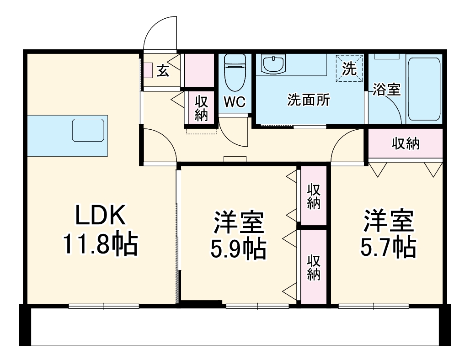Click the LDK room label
point(100,217)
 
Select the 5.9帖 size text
point(238,248)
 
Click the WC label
point(235,101)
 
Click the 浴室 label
point(386,90)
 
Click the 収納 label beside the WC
point(201,108)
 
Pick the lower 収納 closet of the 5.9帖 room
point(313,267)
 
